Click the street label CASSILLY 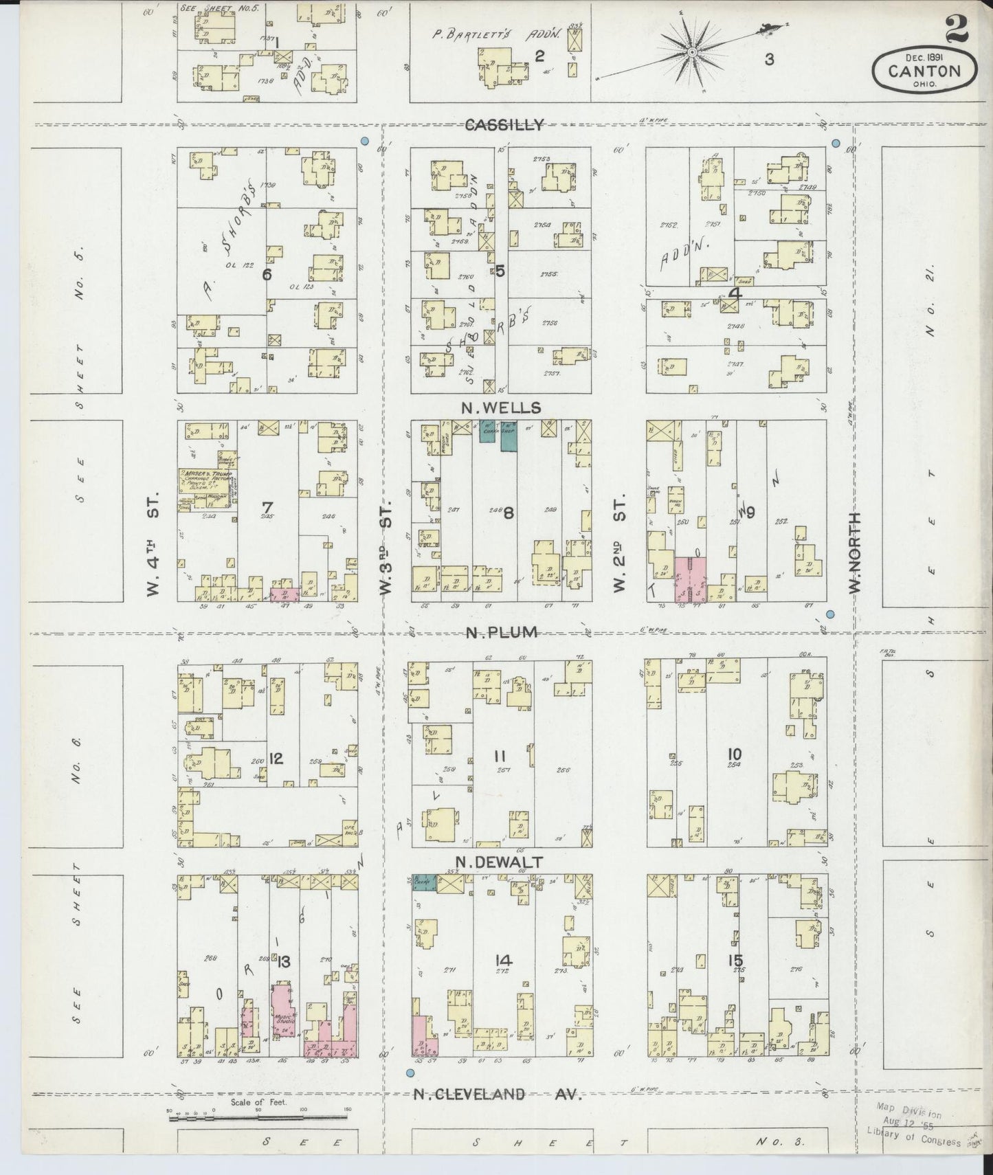pyautogui.click(x=504, y=124)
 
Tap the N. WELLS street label pyautogui.click(x=500, y=408)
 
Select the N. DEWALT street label pyautogui.click(x=500, y=862)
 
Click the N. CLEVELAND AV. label pyautogui.click(x=497, y=1094)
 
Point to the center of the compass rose pyautogui.click(x=692, y=50)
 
